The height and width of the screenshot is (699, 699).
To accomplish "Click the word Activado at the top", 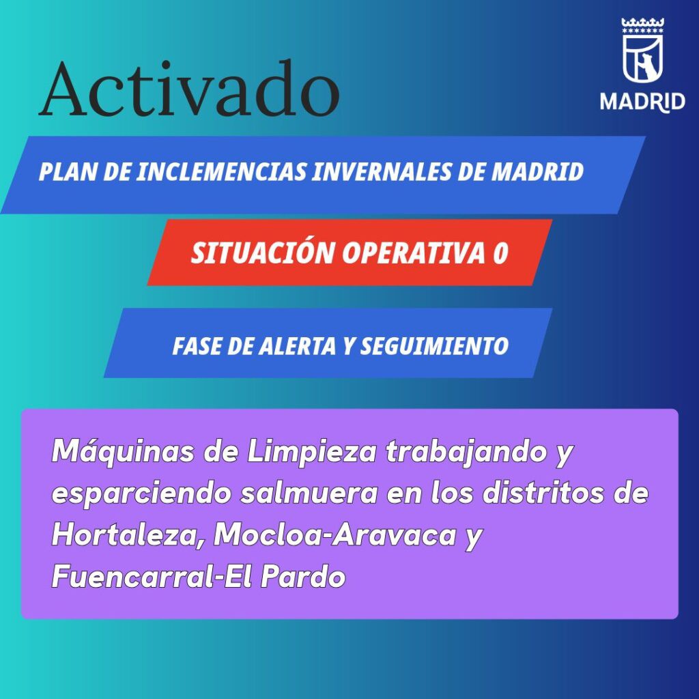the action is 189,89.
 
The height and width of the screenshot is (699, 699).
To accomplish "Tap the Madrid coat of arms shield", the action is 642,58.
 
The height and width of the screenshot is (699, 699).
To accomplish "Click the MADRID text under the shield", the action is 642,102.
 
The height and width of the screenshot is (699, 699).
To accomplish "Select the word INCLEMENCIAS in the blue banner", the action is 221,171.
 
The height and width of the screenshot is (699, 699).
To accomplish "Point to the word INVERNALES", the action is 382,171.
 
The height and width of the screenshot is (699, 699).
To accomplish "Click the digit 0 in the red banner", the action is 500,253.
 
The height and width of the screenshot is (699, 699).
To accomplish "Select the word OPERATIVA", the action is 413,253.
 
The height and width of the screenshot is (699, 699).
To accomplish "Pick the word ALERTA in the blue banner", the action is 298,346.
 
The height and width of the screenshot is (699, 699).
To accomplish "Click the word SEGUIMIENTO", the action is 434,346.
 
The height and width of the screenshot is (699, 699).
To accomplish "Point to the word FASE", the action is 197,346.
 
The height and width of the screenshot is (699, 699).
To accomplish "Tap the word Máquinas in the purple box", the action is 123,453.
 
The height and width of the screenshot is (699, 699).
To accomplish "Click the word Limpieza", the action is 311,453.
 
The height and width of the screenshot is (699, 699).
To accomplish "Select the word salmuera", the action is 309,494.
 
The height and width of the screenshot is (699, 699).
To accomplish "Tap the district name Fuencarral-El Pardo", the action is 199,576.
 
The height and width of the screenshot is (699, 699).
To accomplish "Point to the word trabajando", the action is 466,453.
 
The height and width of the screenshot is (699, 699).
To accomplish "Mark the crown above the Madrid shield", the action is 643,25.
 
